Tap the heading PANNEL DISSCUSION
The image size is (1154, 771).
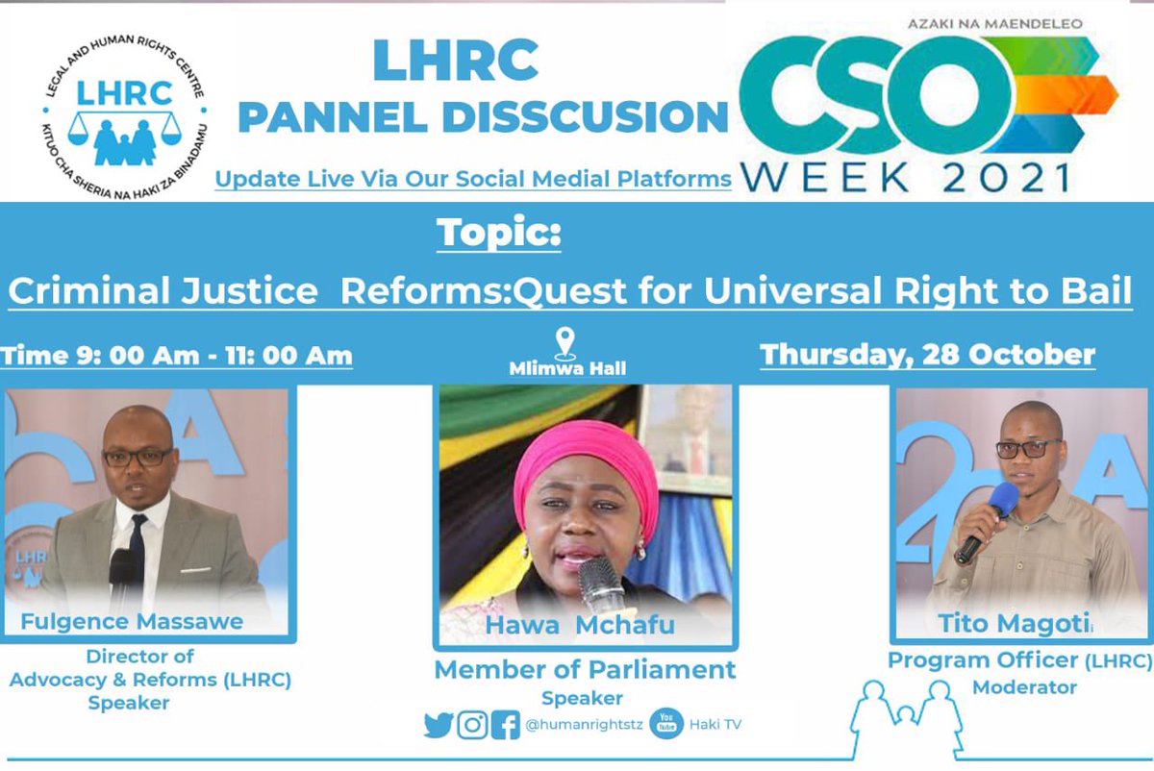pyautogui.click(x=483, y=116)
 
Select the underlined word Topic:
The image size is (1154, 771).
pyautogui.click(x=498, y=234)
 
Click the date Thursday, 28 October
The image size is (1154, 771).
pyautogui.click(x=927, y=355)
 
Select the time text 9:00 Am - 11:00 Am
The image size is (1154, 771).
pyautogui.click(x=176, y=356)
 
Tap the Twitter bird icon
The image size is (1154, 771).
pyautogui.click(x=439, y=724)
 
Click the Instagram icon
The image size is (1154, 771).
pyautogui.click(x=472, y=724)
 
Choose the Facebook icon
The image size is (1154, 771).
pyautogui.click(x=505, y=724)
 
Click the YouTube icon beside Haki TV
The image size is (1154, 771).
pyautogui.click(x=666, y=724)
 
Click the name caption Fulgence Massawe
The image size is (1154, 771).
pyautogui.click(x=132, y=621)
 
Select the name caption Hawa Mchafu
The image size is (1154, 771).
pyautogui.click(x=580, y=626)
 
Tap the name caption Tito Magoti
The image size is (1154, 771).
pyautogui.click(x=1013, y=624)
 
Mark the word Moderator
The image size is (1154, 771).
pyautogui.click(x=1023, y=687)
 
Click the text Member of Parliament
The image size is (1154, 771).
pyautogui.click(x=585, y=670)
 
